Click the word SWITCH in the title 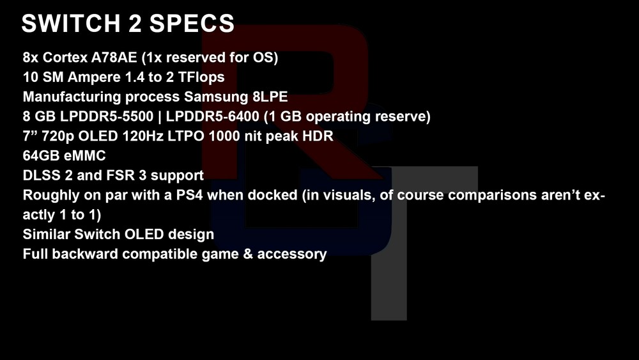(x=71, y=23)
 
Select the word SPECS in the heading (x=192, y=23)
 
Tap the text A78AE (x=114, y=58)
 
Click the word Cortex (x=65, y=58)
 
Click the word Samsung (x=216, y=97)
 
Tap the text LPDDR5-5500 (x=107, y=116)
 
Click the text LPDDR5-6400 (x=212, y=116)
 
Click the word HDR (x=318, y=136)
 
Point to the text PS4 (x=190, y=195)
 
